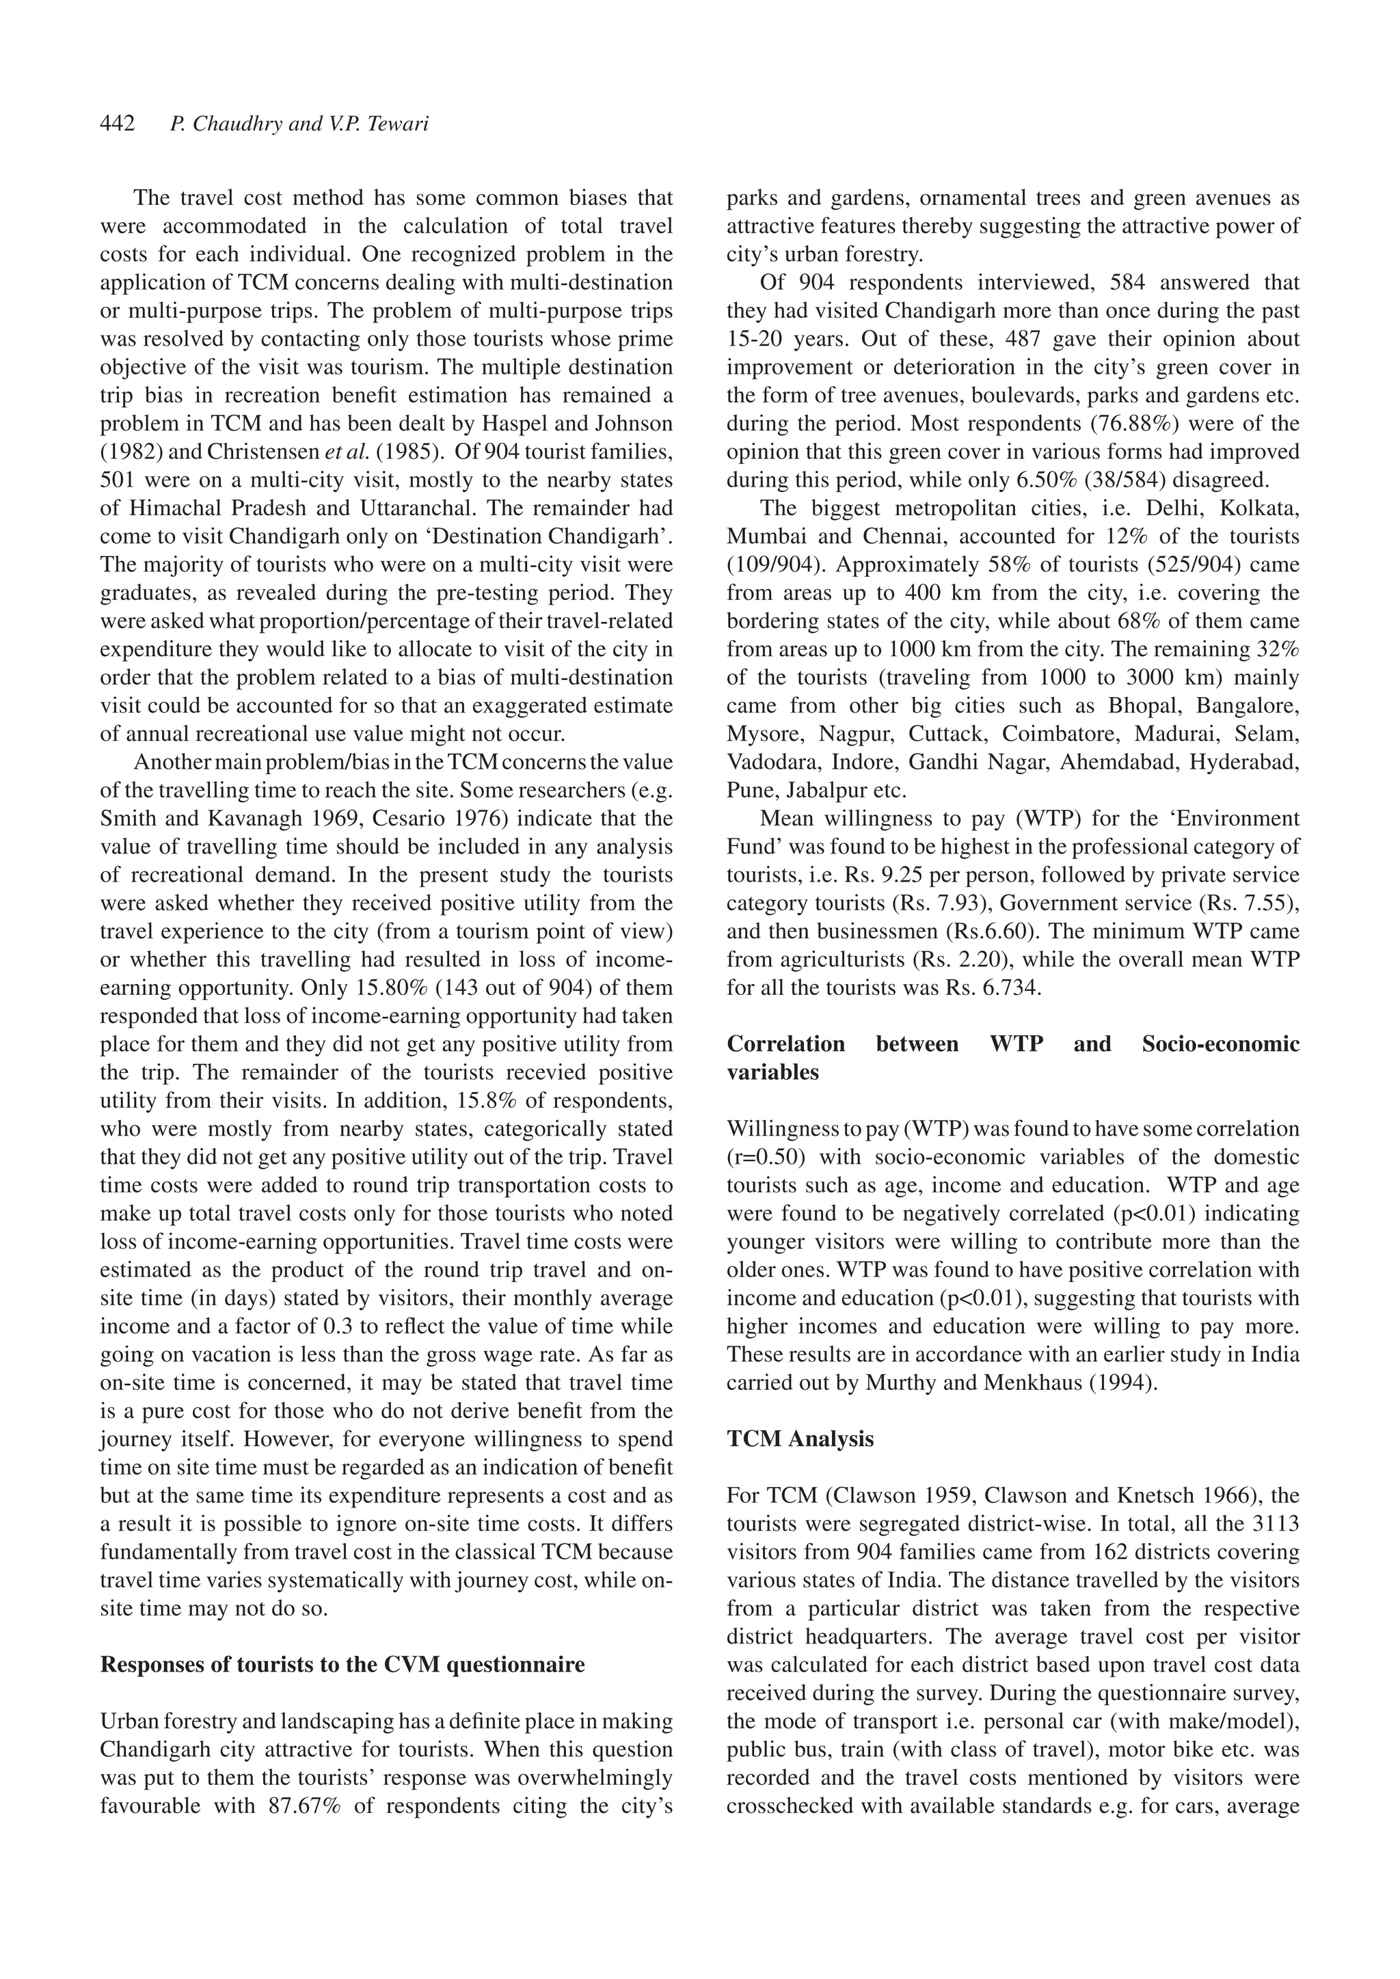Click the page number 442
[x=118, y=125]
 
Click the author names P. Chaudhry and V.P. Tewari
[x=299, y=125]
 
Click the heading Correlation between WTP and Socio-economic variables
[x=1012, y=1058]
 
